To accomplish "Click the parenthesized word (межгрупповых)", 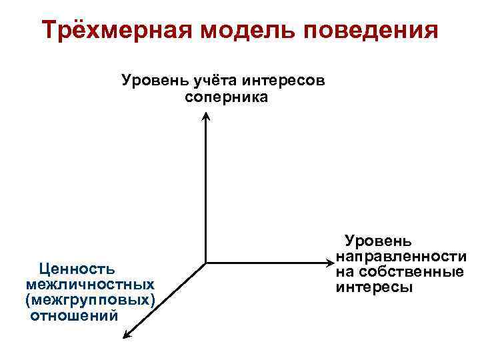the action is click(x=91, y=300).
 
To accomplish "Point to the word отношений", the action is click(x=74, y=315).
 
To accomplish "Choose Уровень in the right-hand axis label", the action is click(x=377, y=241).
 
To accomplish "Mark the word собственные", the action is click(x=410, y=272).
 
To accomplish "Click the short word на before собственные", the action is click(x=345, y=272).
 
